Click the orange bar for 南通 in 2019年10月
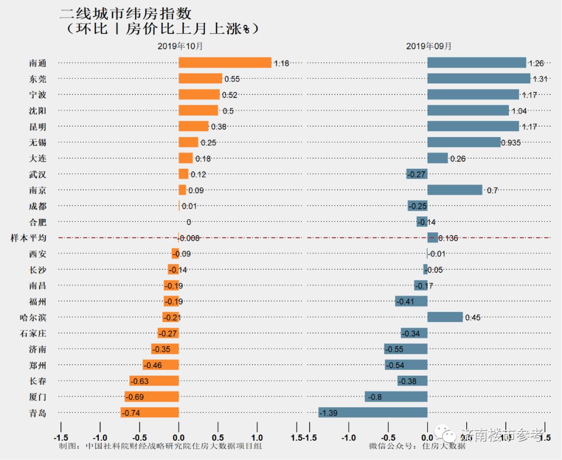225,63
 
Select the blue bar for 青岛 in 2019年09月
373,413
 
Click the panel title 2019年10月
180,46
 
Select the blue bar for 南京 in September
455,190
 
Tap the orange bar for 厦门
151,397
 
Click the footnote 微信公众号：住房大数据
417,446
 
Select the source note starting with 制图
160,446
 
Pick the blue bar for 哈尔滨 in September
445,317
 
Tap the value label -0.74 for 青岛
132,413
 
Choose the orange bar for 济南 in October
165,349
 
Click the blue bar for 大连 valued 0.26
438,158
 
